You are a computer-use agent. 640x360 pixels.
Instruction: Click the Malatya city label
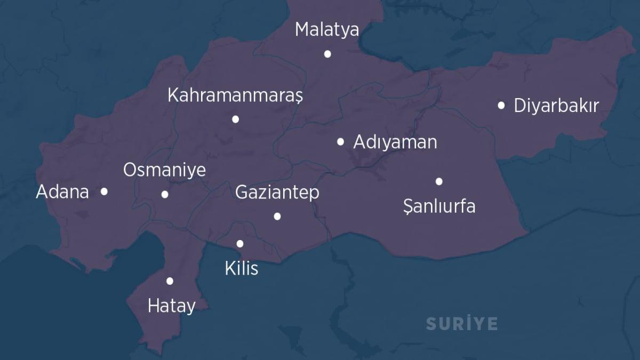point(327,30)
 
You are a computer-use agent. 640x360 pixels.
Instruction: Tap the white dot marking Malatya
point(327,54)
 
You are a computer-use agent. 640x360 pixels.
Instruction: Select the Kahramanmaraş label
point(235,96)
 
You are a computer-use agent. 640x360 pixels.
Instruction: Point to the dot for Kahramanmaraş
point(236,119)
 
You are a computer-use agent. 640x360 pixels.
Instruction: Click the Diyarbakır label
point(556,106)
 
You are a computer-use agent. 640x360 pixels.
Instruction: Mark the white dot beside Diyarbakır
point(501,106)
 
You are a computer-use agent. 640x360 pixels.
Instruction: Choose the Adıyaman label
point(395,142)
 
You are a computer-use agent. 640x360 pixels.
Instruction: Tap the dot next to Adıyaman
point(341,142)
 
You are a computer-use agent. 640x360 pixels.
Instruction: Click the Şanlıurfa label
point(439,206)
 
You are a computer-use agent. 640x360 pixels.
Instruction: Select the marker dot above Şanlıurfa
point(439,181)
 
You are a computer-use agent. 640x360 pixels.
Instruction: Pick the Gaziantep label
point(277,192)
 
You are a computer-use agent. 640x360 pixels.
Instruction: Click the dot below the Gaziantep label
point(277,216)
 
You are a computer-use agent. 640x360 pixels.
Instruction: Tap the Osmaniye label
point(164,171)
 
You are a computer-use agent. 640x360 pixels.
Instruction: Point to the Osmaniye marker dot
point(165,194)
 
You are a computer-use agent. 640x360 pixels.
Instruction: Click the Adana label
point(62,192)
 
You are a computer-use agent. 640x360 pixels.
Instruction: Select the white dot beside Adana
point(104,191)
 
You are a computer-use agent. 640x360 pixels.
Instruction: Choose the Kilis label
point(242,268)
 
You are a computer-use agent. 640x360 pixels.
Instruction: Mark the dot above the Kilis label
point(240,244)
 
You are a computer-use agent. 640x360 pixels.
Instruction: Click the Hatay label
point(172,306)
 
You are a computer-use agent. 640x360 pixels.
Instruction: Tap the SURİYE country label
point(462,324)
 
